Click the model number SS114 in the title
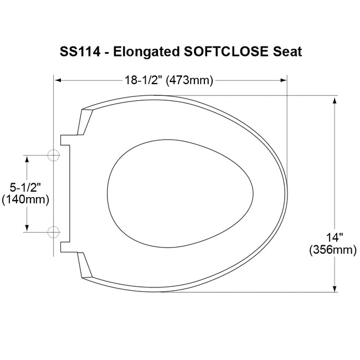coord(80,52)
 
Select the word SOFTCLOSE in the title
coord(226,52)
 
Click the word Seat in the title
coord(287,52)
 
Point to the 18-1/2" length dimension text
coord(143,80)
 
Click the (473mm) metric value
coord(189,81)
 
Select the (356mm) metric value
coord(333,250)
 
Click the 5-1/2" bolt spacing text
coord(25,188)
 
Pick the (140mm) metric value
coord(25,200)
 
